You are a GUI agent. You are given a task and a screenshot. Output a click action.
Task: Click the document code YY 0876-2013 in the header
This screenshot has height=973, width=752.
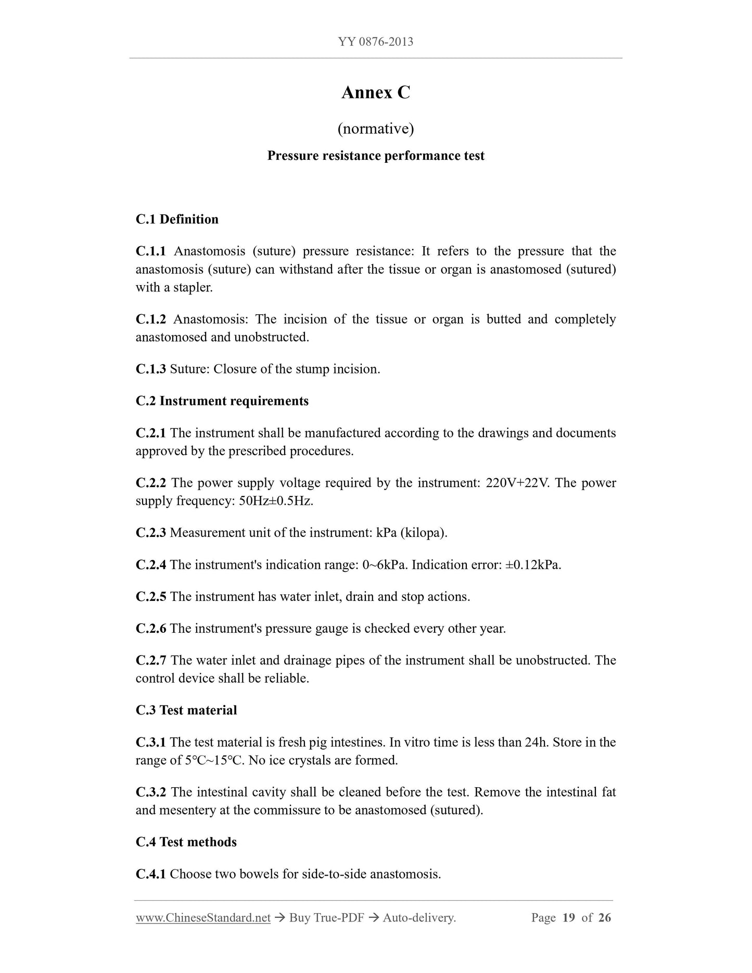(376, 42)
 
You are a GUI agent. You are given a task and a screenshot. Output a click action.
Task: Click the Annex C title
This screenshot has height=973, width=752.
(376, 93)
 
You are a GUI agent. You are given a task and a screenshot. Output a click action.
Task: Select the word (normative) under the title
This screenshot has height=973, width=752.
(376, 128)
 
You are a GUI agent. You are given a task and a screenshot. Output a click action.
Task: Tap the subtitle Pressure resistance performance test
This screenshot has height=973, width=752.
(376, 156)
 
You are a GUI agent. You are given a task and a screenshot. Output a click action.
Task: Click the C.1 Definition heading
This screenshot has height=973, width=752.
(177, 219)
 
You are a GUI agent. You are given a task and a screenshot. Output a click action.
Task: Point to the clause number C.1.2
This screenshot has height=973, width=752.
(151, 319)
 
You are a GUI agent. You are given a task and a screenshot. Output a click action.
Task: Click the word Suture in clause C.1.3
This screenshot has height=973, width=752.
(188, 369)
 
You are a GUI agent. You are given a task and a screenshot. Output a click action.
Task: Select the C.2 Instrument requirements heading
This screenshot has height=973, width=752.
(222, 401)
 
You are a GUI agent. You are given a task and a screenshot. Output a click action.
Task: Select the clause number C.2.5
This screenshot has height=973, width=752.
(151, 597)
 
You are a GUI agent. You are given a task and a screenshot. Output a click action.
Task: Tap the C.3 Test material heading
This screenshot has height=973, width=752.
(186, 710)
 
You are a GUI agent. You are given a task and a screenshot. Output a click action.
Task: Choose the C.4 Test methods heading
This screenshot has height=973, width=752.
(186, 842)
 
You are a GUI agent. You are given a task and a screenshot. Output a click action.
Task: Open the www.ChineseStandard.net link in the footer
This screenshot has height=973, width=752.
(203, 918)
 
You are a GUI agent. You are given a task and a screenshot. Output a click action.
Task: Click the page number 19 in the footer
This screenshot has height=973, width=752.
(569, 918)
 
